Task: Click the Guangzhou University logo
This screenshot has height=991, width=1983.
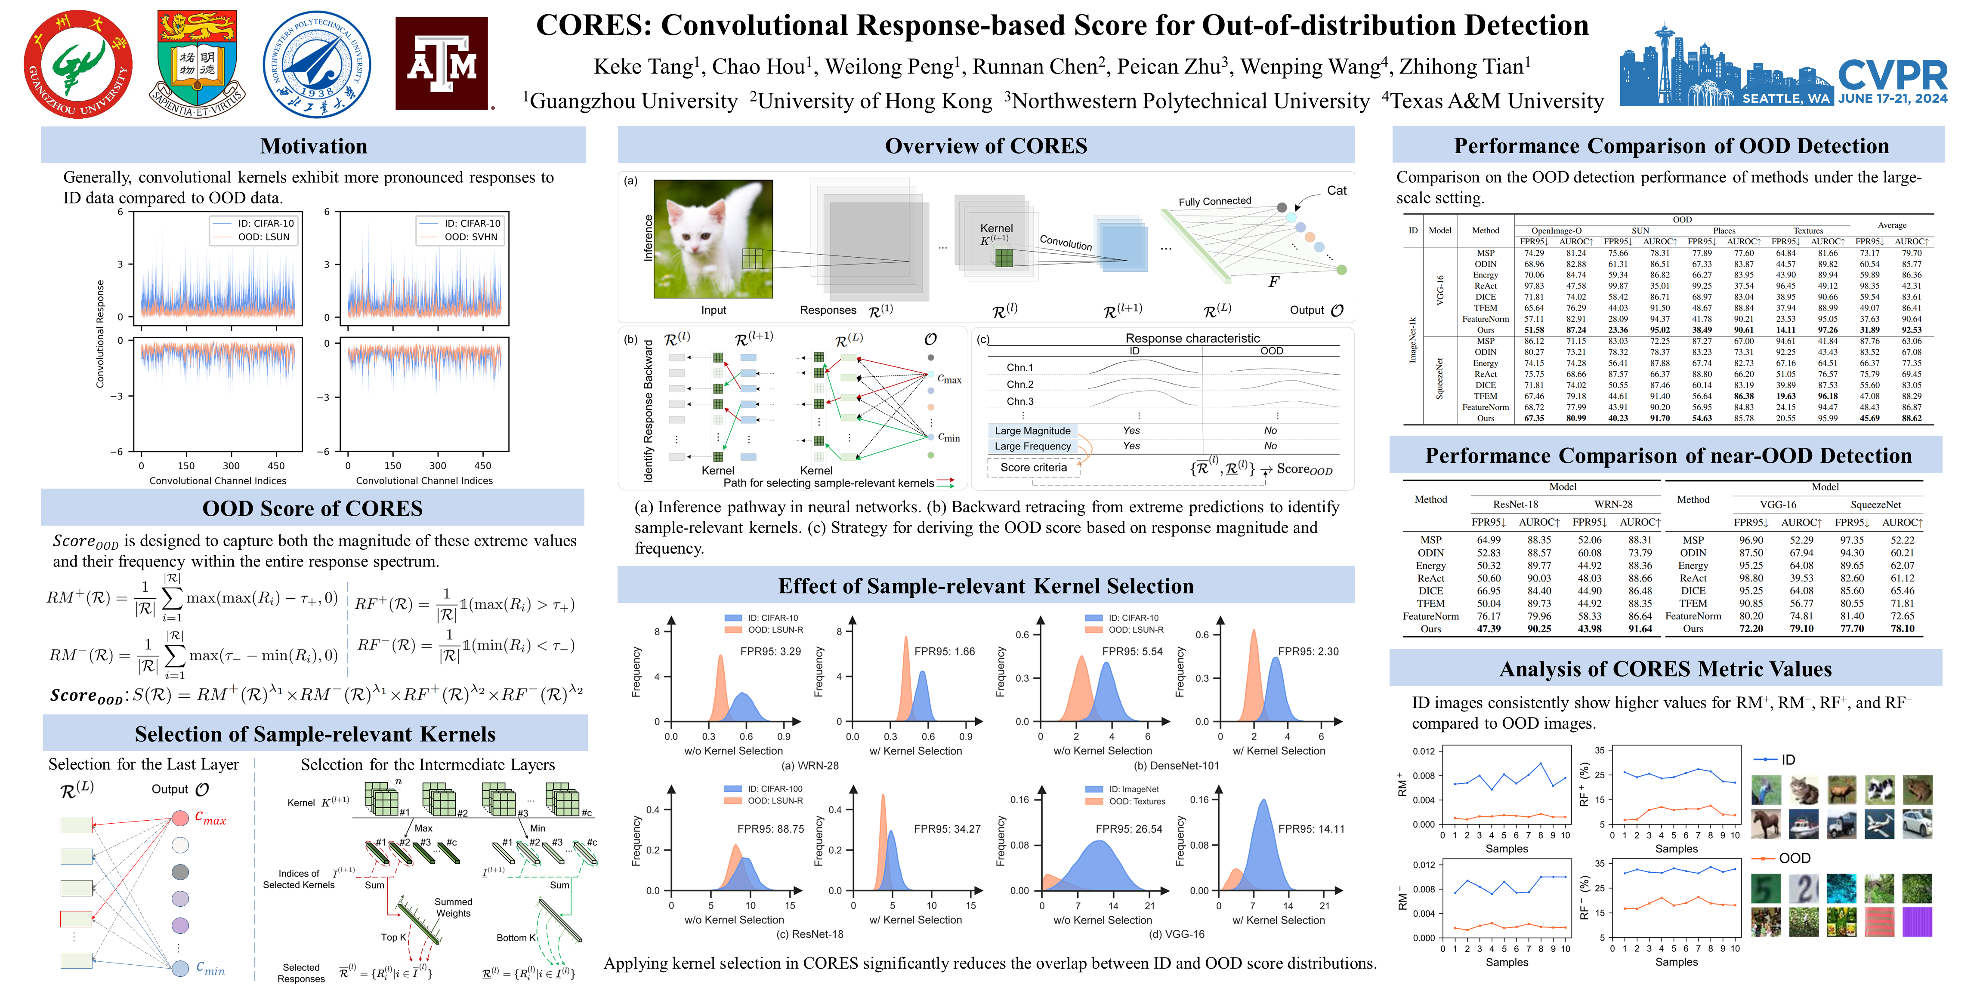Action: (x=78, y=64)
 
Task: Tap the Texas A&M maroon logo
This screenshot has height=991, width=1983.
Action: (x=442, y=64)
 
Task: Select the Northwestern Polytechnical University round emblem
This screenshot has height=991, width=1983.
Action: (x=316, y=64)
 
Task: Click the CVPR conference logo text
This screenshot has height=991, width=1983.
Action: (x=1892, y=75)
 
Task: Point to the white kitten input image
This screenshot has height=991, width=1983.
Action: (x=713, y=239)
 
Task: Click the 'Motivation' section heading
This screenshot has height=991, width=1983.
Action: (x=313, y=146)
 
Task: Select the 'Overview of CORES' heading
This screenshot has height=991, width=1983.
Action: (x=985, y=146)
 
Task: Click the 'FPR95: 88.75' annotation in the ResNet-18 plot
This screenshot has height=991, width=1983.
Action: (x=771, y=829)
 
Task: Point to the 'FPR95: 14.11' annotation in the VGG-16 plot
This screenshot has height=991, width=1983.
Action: (x=1311, y=829)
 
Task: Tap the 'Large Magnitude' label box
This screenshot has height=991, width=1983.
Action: (x=1032, y=431)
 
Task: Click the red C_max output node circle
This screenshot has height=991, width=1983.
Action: (x=180, y=818)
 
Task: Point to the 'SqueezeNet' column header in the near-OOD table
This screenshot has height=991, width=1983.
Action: (x=1875, y=505)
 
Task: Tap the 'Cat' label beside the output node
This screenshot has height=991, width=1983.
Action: (x=1336, y=191)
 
